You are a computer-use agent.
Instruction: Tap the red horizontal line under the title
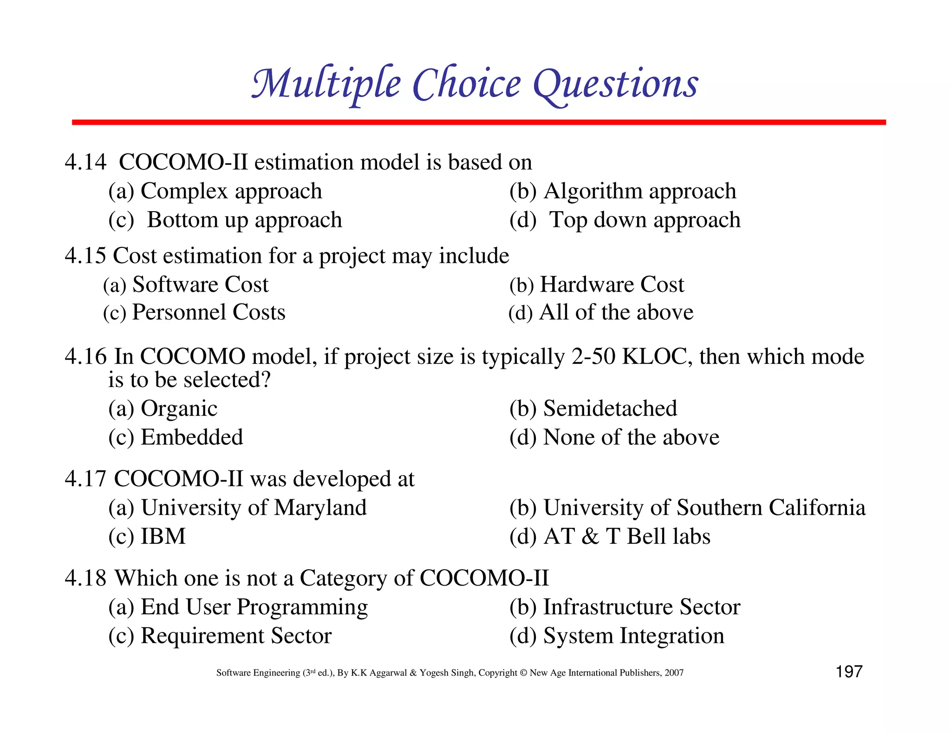478,122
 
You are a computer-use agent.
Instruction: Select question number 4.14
85,162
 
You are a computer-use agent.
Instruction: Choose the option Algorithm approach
639,191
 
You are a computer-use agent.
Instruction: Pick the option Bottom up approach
244,220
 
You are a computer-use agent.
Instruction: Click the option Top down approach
645,220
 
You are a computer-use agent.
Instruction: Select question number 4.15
85,256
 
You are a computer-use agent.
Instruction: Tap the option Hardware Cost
612,284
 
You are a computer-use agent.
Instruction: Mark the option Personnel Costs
208,312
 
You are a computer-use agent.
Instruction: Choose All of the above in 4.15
616,312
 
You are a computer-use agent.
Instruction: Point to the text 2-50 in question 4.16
593,357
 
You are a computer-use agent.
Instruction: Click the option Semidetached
610,409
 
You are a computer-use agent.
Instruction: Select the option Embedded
192,438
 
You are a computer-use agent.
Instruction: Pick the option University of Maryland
254,508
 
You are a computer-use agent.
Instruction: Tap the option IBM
163,536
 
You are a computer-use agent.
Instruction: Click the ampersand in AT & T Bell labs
590,537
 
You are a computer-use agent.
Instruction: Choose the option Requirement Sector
236,636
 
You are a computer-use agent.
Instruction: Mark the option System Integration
633,636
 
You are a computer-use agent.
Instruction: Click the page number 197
849,672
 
